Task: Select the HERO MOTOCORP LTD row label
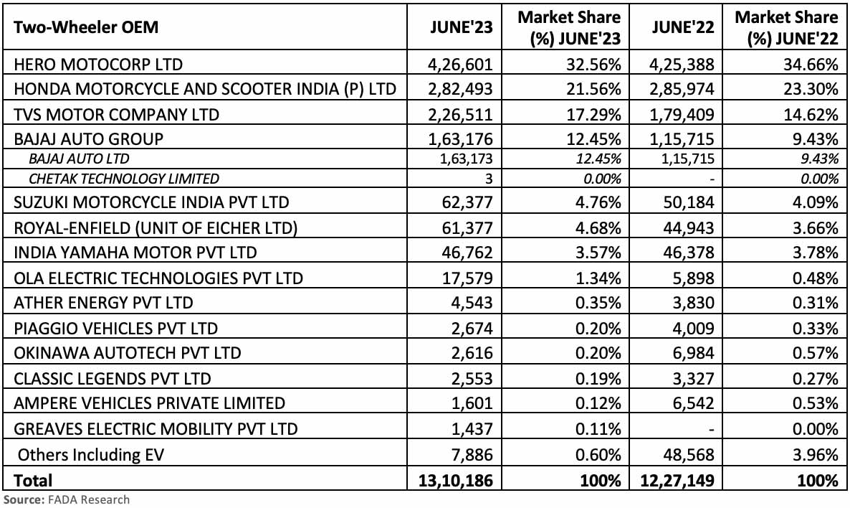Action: tap(98, 64)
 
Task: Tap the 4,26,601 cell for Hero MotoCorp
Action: tap(460, 64)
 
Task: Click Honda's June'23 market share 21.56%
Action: tap(592, 89)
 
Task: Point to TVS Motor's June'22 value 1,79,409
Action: tap(683, 113)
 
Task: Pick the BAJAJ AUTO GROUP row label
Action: tap(89, 138)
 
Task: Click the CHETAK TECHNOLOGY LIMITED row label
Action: tap(124, 178)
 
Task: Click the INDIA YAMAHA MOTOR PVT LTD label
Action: tap(135, 252)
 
